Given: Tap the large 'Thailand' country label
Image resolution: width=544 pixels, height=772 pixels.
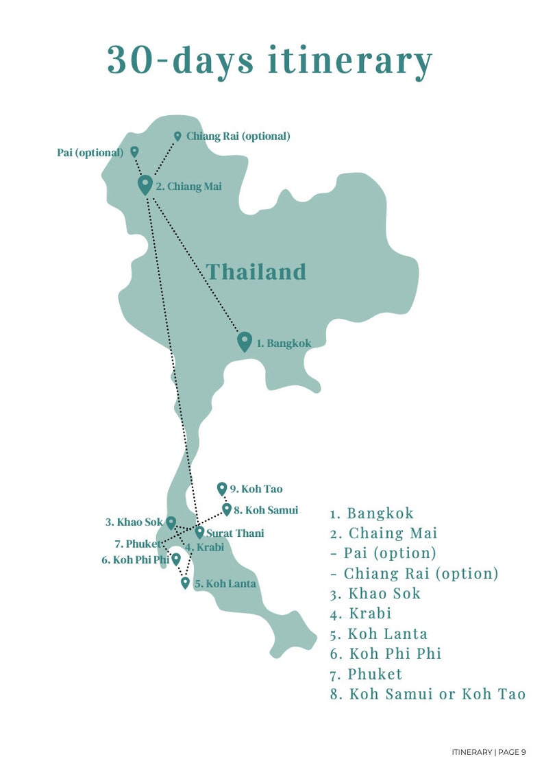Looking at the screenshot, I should pyautogui.click(x=256, y=272).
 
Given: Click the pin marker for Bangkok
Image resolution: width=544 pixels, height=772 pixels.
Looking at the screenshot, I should pyautogui.click(x=245, y=341).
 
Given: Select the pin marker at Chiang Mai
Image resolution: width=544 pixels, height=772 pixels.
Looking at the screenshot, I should pyautogui.click(x=145, y=184).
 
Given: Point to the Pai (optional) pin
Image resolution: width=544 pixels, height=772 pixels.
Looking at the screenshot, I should pyautogui.click(x=134, y=152).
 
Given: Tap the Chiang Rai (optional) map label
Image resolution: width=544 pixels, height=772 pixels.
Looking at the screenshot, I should pyautogui.click(x=238, y=136).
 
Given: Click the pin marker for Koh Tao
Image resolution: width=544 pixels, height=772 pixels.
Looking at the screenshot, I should pyautogui.click(x=221, y=488).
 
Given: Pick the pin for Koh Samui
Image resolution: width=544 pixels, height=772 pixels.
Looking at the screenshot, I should pyautogui.click(x=227, y=509).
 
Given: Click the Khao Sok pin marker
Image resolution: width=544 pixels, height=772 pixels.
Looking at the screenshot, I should pyautogui.click(x=171, y=522).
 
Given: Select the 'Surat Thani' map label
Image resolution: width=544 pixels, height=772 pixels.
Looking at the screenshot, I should pyautogui.click(x=235, y=533).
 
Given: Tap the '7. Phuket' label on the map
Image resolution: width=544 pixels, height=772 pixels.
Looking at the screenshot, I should pyautogui.click(x=138, y=544).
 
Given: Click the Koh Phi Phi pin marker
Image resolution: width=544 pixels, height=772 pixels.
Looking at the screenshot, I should pyautogui.click(x=175, y=559).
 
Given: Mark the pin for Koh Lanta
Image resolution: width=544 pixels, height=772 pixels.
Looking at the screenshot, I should pyautogui.click(x=185, y=583).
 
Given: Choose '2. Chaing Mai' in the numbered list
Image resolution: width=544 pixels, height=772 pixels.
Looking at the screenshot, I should pyautogui.click(x=383, y=533).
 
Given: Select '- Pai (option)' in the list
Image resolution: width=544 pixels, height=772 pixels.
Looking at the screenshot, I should pyautogui.click(x=383, y=553).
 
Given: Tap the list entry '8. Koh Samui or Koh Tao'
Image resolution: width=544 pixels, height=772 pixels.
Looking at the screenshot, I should pyautogui.click(x=428, y=694).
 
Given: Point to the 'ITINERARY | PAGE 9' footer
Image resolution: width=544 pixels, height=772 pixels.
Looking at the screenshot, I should pyautogui.click(x=489, y=752).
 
